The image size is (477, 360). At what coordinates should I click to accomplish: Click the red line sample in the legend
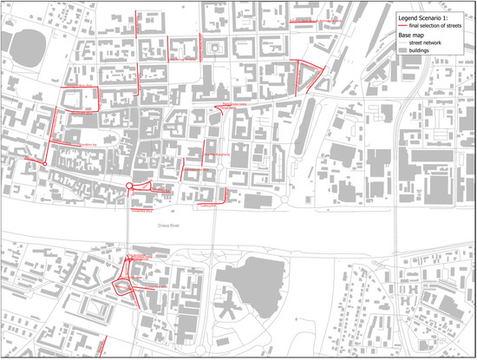point(403,27)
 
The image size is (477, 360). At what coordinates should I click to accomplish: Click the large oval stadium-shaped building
point(24,50)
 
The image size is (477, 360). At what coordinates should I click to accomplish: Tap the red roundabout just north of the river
point(129,187)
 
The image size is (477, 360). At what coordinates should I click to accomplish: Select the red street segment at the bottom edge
point(101,345)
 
